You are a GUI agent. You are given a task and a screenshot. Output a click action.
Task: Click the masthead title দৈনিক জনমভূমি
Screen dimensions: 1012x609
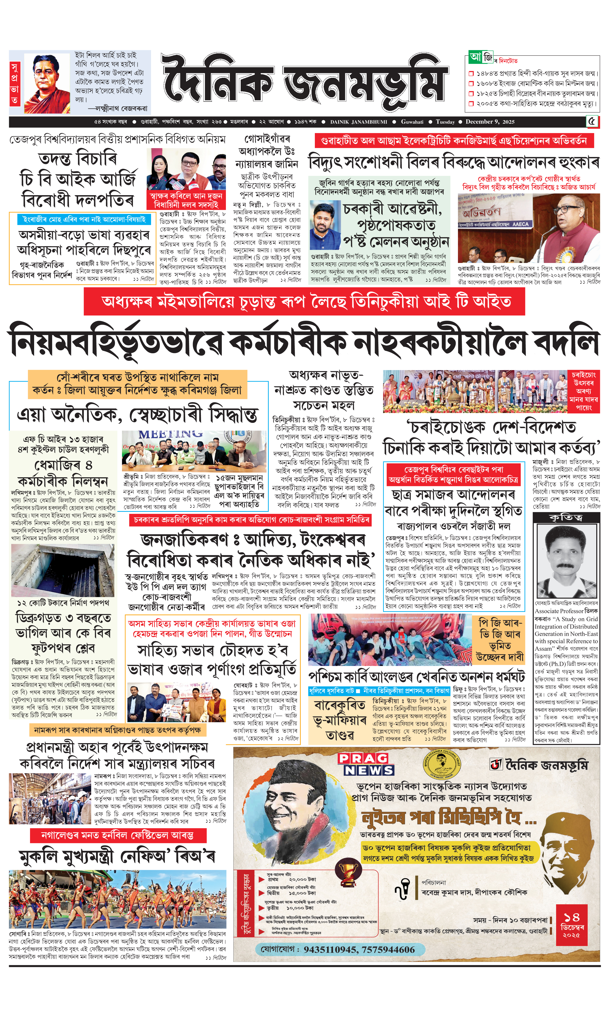304,82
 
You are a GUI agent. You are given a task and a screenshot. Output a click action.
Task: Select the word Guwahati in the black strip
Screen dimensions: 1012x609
412,122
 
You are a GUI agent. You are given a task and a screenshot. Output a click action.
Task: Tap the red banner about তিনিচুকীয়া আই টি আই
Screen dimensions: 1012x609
304,302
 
